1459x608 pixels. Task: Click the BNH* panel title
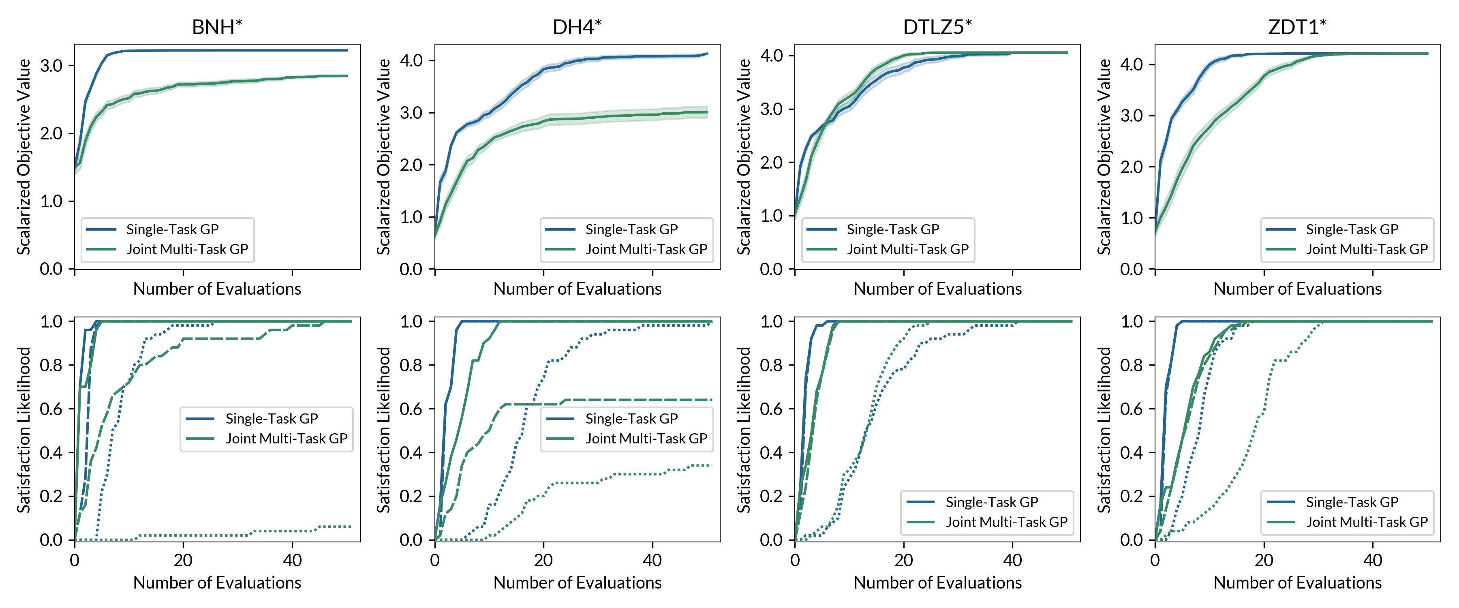[217, 27]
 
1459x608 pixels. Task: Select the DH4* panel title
[577, 27]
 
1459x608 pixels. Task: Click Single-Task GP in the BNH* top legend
[172, 229]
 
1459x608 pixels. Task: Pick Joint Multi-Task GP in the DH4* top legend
[646, 249]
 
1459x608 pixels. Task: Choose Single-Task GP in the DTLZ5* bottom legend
[992, 502]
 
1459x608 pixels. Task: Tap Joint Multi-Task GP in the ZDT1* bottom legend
[1367, 522]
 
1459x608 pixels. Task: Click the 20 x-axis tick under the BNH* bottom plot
[183, 561]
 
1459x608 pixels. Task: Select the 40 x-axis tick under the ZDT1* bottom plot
[1372, 561]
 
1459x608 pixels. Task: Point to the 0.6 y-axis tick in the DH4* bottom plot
[411, 409]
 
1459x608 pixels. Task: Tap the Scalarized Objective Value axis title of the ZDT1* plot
[1104, 156]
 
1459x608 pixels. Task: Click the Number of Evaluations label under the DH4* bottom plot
[577, 582]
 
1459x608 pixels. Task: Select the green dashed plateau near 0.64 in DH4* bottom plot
[634, 400]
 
